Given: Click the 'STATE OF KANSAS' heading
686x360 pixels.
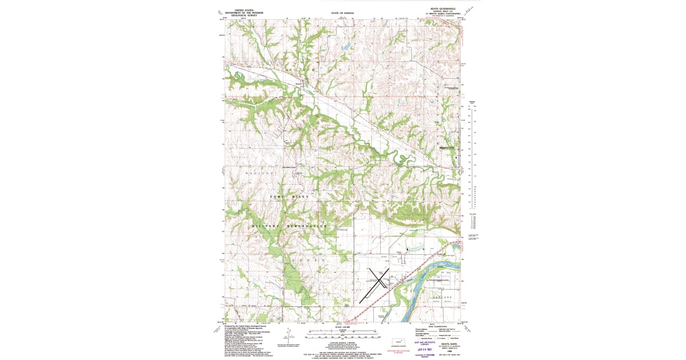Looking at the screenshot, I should [x=342, y=12].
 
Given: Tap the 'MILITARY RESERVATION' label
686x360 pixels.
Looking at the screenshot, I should [x=290, y=226].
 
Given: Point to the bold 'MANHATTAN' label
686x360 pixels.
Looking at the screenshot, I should [x=446, y=148].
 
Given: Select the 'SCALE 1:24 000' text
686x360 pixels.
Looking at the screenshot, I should [x=342, y=327].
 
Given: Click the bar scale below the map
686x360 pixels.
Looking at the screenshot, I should [x=342, y=334].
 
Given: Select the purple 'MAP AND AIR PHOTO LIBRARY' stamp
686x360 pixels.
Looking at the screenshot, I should [x=421, y=343].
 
